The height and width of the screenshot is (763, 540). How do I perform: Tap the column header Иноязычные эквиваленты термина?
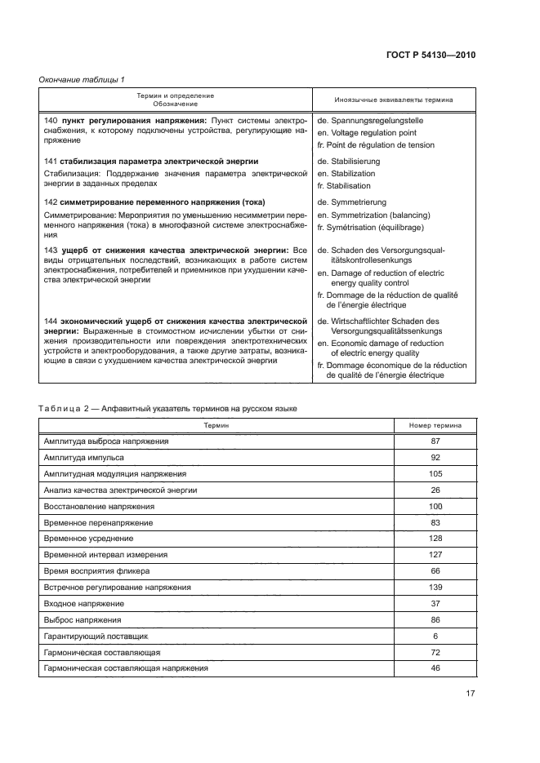pyautogui.click(x=394, y=100)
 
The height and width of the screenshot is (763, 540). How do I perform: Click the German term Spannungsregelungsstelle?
pyautogui.click(x=376, y=121)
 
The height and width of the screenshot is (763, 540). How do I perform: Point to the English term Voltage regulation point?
pyautogui.click(x=372, y=132)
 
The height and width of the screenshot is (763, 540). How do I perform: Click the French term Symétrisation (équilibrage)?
pyautogui.click(x=377, y=227)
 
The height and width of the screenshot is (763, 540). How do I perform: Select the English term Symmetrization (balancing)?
pyautogui.click(x=376, y=215)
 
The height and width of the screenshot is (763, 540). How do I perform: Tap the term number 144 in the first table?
pyautogui.click(x=49, y=322)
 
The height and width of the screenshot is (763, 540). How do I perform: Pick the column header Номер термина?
pyautogui.click(x=435, y=426)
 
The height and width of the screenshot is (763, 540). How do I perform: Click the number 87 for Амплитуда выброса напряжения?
pyautogui.click(x=435, y=441)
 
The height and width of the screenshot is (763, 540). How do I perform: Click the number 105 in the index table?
pyautogui.click(x=435, y=473)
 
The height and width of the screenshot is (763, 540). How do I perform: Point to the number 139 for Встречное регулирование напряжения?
pyautogui.click(x=435, y=587)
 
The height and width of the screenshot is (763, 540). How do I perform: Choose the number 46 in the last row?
pyautogui.click(x=435, y=668)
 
